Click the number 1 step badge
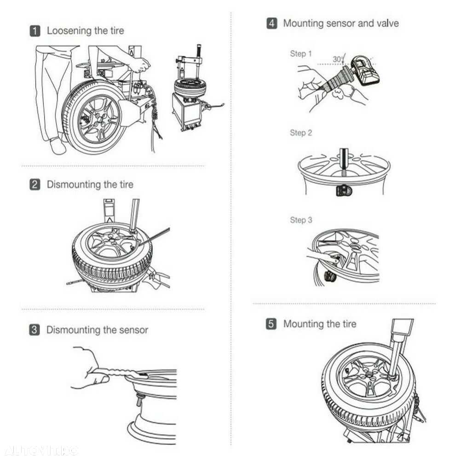[35, 31]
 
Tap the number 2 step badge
[35, 184]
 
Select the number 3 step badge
[35, 330]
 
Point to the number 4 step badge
[272, 23]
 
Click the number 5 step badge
[272, 324]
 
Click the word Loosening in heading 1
[69, 31]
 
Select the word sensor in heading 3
[133, 330]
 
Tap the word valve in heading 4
[386, 23]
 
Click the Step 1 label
[301, 54]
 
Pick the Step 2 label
[301, 133]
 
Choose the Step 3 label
[301, 220]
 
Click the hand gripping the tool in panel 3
[90, 368]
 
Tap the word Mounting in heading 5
[305, 324]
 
